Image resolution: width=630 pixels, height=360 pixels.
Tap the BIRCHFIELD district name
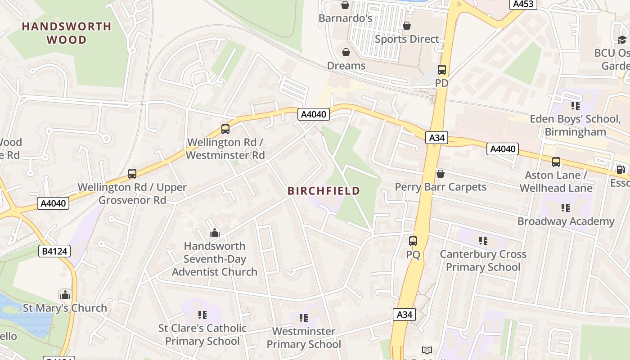[324, 191]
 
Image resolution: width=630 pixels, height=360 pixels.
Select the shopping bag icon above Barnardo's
[345, 5]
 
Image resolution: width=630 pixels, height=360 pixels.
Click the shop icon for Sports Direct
[407, 26]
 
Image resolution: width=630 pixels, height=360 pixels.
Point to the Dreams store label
[346, 66]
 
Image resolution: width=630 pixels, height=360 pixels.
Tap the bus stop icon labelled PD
[442, 70]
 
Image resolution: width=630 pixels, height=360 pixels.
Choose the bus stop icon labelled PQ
[413, 241]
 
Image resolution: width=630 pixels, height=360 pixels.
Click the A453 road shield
[523, 4]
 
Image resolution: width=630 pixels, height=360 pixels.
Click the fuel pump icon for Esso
[621, 170]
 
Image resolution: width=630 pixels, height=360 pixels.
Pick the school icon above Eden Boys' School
[575, 106]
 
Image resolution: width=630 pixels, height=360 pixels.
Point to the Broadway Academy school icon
[566, 208]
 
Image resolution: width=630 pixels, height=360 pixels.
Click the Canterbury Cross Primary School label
[483, 261]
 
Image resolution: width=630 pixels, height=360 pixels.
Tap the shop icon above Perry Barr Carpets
[441, 174]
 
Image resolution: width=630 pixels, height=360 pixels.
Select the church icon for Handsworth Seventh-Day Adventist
[215, 233]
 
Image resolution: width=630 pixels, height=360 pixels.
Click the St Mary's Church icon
[65, 295]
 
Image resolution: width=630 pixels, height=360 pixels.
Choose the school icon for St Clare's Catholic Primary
[202, 315]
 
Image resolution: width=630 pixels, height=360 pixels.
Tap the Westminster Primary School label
[304, 338]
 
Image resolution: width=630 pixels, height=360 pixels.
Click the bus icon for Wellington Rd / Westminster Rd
[225, 129]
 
